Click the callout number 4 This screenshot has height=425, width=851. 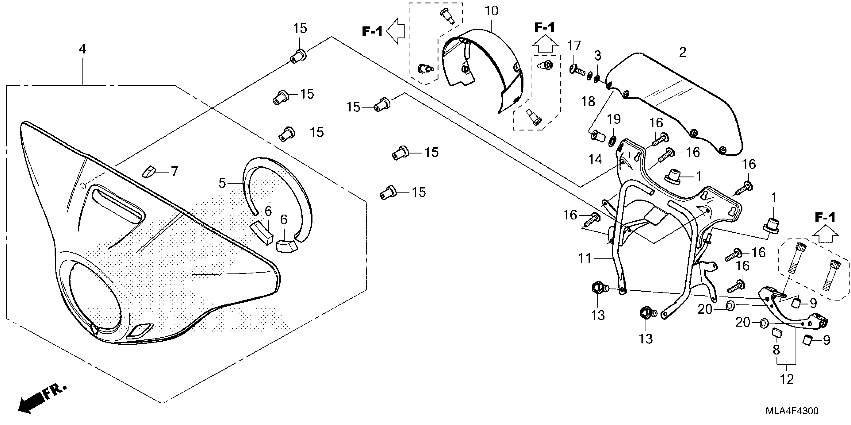coord(82,49)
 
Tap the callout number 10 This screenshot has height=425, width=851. coord(491,11)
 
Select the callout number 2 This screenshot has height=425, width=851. coord(683,52)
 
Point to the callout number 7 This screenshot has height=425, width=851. coord(174,171)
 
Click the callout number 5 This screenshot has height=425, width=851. coord(222,183)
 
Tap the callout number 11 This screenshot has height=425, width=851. coord(584,258)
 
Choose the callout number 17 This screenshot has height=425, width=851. coord(574,46)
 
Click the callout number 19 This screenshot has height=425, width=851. coord(614,119)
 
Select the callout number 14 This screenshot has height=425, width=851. coord(595,159)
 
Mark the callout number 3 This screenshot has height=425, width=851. coord(598,56)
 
